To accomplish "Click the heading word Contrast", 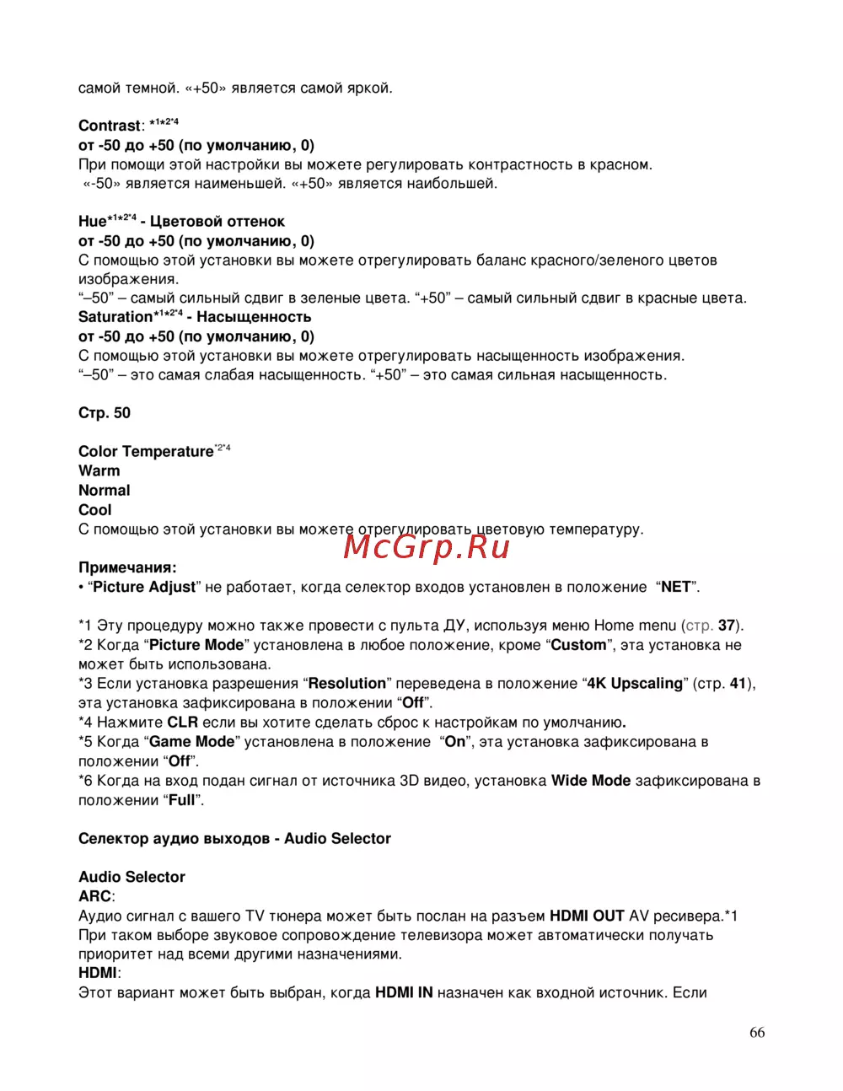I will click(x=110, y=126).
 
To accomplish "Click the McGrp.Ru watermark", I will click(x=427, y=547).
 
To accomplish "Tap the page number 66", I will click(x=757, y=1033).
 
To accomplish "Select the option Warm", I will click(x=99, y=470).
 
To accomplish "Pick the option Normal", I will click(x=105, y=490).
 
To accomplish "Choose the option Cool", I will click(x=95, y=509).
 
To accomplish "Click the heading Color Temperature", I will click(x=146, y=452).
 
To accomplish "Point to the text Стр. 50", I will click(x=105, y=413).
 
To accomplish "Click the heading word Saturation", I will click(x=115, y=317).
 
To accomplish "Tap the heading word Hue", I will click(x=92, y=222).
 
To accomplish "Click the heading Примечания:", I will click(x=127, y=567).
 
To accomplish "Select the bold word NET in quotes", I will click(x=675, y=587).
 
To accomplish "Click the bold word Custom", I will click(x=578, y=645).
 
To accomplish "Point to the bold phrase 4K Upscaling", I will click(x=635, y=683).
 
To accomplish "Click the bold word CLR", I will click(x=182, y=722).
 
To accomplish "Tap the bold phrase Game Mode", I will click(x=191, y=742).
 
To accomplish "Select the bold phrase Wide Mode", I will click(x=591, y=781).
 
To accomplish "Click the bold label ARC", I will click(x=94, y=896).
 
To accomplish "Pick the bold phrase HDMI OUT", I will click(x=587, y=916).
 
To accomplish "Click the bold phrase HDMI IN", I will click(x=404, y=992).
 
